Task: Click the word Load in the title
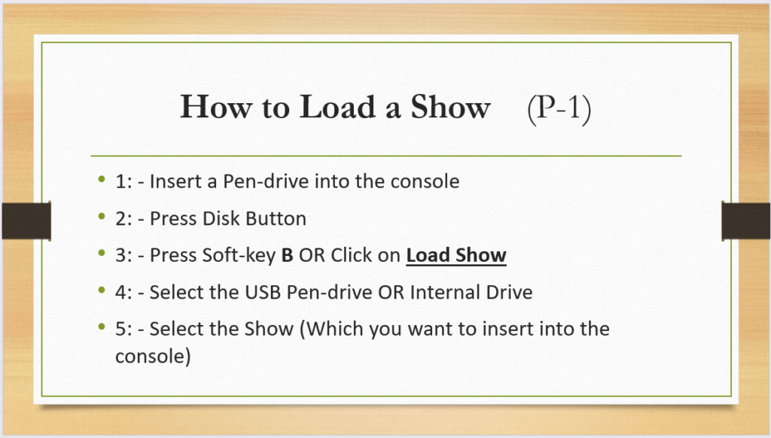tap(337, 107)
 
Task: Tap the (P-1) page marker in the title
tap(559, 108)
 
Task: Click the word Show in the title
tap(450, 107)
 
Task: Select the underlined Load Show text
tap(456, 256)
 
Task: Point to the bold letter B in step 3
tap(287, 256)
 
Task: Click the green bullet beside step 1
tap(102, 179)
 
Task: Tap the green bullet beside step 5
tap(102, 327)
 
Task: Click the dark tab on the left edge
tap(26, 221)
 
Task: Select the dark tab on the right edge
tap(746, 221)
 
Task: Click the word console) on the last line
tap(153, 357)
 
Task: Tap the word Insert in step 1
tap(178, 181)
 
